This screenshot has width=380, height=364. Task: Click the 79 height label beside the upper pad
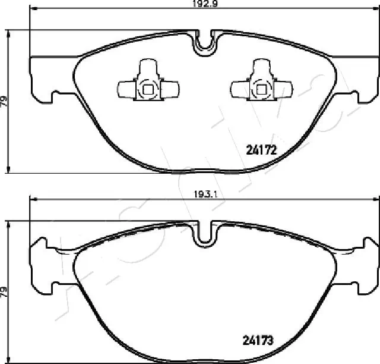[5, 101]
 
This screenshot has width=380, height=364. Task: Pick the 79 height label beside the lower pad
[5, 291]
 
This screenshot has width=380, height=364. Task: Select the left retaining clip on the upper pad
[147, 83]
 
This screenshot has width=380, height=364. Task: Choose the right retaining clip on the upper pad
[261, 83]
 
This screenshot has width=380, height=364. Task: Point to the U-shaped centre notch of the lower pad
[205, 233]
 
